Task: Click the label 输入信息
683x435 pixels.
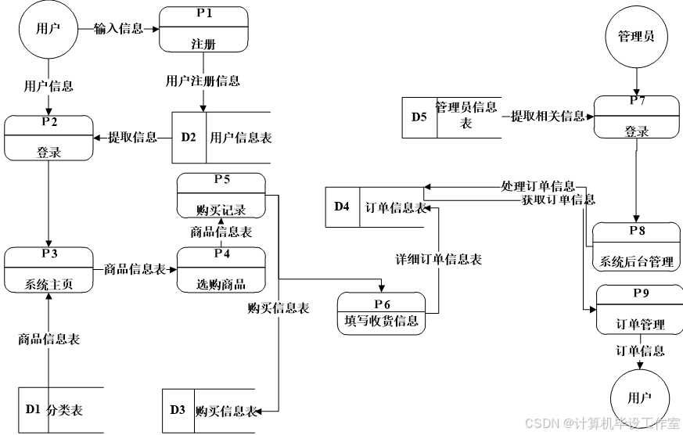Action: (x=119, y=29)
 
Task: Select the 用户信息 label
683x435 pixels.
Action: (x=49, y=86)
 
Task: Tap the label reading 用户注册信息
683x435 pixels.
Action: (x=203, y=81)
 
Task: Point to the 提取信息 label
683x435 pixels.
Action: (x=132, y=137)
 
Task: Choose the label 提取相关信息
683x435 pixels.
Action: (x=548, y=116)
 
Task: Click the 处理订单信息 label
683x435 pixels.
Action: (x=537, y=186)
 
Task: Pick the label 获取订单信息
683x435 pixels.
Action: (x=558, y=200)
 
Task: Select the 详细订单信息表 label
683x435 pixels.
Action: (x=438, y=259)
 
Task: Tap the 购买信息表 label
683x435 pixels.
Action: (x=279, y=308)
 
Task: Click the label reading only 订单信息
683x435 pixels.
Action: (x=640, y=351)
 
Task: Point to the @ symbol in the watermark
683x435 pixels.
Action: (x=567, y=422)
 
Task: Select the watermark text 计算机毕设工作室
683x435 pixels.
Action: (x=627, y=422)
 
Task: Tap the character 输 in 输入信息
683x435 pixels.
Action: (x=101, y=29)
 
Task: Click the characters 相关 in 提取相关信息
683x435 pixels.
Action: (x=548, y=116)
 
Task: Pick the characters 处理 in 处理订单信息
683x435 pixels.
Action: (x=513, y=186)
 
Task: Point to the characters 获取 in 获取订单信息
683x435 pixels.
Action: (x=534, y=200)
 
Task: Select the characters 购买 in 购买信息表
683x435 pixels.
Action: (x=260, y=308)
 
